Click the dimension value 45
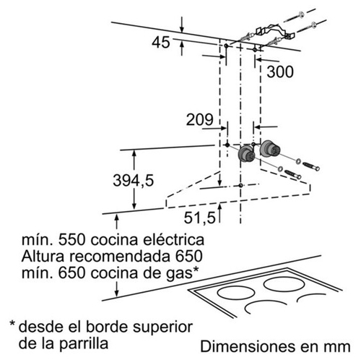(x=161, y=43)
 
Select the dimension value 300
(x=280, y=72)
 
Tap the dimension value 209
(x=200, y=119)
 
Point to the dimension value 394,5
(x=133, y=180)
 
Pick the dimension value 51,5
(x=199, y=218)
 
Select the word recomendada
(x=121, y=257)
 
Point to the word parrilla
(x=84, y=343)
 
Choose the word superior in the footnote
(x=162, y=328)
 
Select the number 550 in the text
(x=72, y=240)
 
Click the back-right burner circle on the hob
(x=283, y=284)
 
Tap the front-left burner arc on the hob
(x=265, y=307)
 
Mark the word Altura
(x=43, y=257)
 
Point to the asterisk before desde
(x=12, y=323)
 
